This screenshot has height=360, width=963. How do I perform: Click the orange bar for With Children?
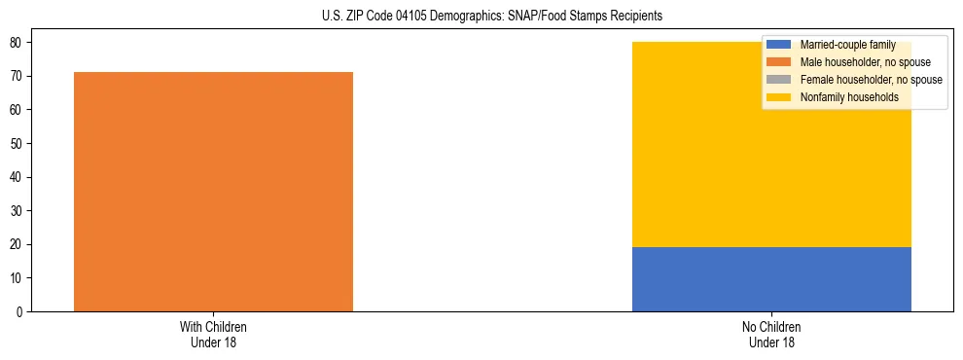point(213,192)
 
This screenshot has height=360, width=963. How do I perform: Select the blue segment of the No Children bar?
point(771,279)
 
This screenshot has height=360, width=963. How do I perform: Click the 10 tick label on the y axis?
point(18,278)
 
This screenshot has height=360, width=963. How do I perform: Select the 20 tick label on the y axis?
point(18,244)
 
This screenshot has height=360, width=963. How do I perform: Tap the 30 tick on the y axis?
point(18,211)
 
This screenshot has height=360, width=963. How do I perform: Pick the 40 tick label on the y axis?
point(18,177)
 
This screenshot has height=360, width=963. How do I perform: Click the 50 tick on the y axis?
point(18,144)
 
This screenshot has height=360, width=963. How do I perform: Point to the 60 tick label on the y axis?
point(18,110)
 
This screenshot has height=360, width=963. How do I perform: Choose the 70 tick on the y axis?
point(18,76)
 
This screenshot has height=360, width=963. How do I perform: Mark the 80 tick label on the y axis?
point(18,43)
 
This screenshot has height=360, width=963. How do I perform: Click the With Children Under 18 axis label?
point(213,334)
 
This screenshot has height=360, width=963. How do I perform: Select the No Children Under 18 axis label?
point(771,334)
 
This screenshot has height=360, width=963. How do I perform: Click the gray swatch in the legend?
point(779,80)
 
